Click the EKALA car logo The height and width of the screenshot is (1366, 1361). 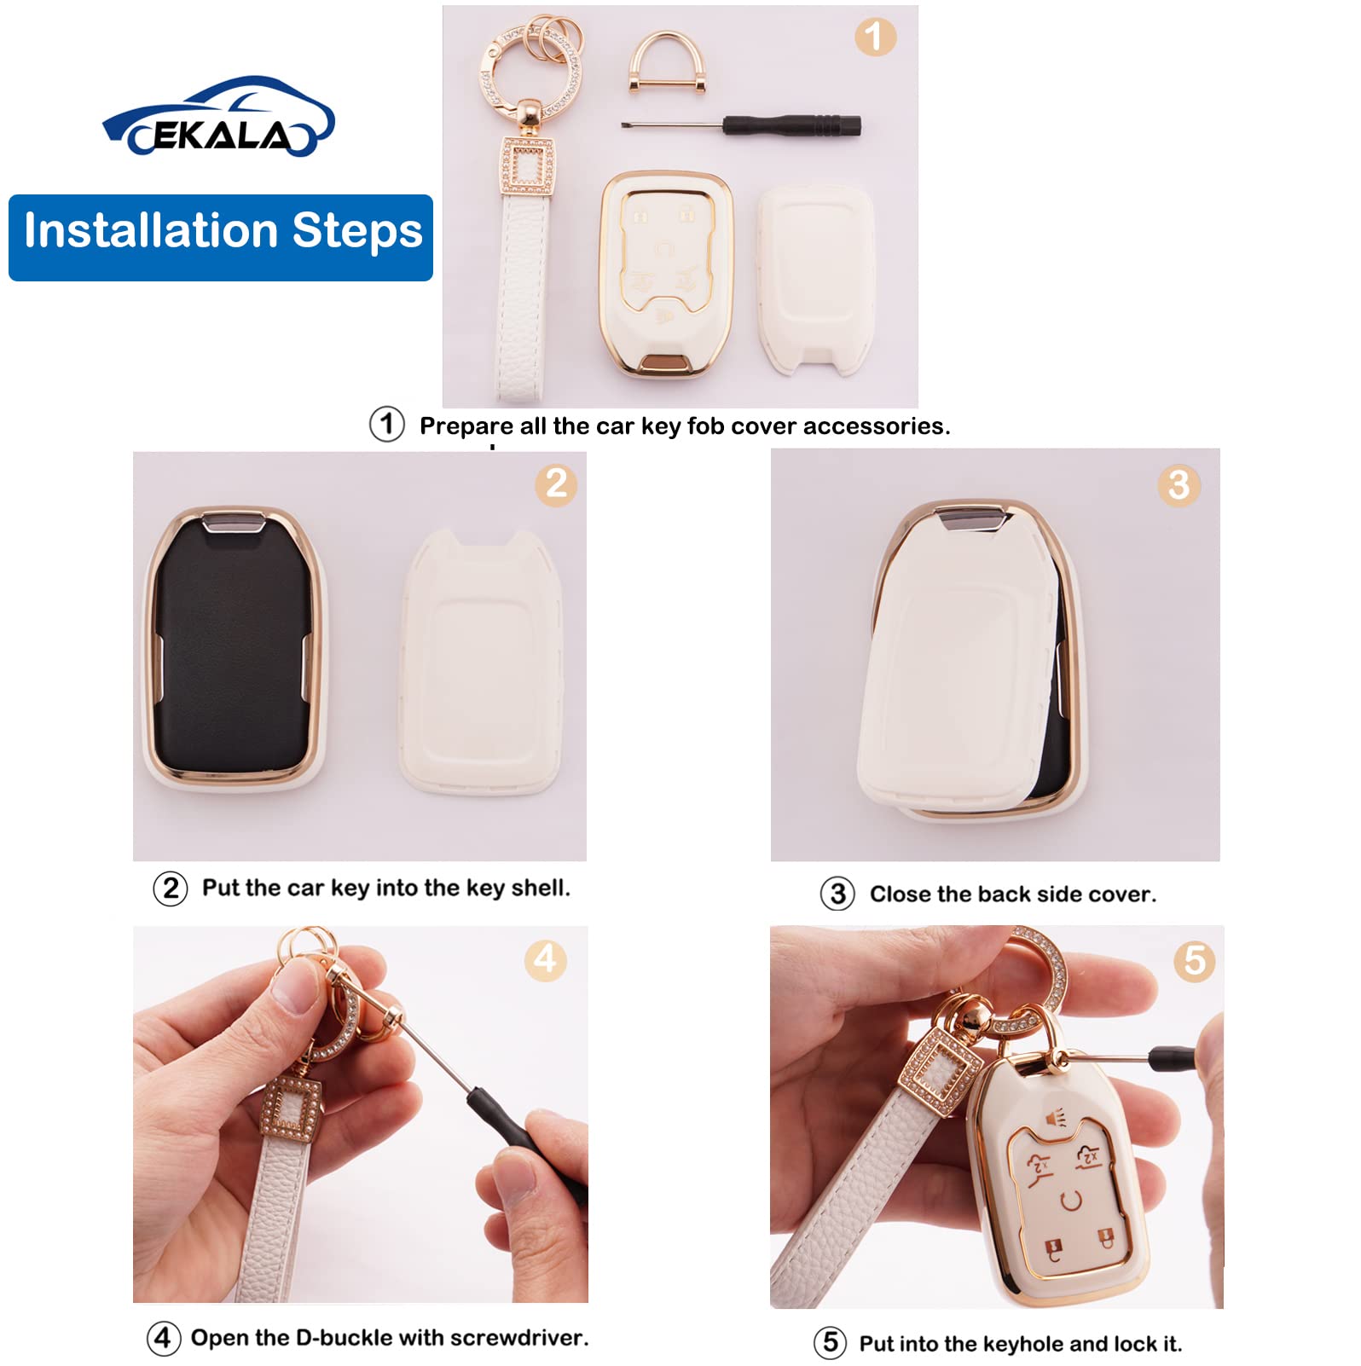click(x=218, y=119)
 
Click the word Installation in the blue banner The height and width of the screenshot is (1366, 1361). click(x=151, y=231)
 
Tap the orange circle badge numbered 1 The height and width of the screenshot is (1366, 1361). click(x=874, y=37)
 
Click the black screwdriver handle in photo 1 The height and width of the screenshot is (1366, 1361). click(x=793, y=125)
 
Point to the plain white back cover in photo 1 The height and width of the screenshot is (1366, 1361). click(x=816, y=279)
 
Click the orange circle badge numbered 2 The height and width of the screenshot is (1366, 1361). click(x=556, y=484)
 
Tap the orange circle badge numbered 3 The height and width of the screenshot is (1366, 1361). click(x=1179, y=485)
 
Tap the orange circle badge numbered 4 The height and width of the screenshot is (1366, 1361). click(x=545, y=960)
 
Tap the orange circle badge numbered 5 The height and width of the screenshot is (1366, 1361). click(x=1194, y=961)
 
